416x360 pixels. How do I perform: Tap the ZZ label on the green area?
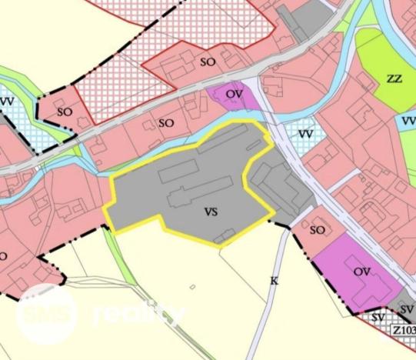394,79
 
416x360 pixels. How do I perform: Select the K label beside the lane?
273,281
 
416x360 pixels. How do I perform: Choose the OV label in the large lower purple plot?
361,272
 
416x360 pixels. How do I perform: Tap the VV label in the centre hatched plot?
306,135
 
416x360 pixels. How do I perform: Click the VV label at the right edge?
408,122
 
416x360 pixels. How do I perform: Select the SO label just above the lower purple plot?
318,229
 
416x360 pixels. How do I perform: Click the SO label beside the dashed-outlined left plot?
65,112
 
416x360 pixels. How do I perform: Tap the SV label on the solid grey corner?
406,309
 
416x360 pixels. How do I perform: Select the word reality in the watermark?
138,314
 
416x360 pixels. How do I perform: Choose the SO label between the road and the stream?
165,122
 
